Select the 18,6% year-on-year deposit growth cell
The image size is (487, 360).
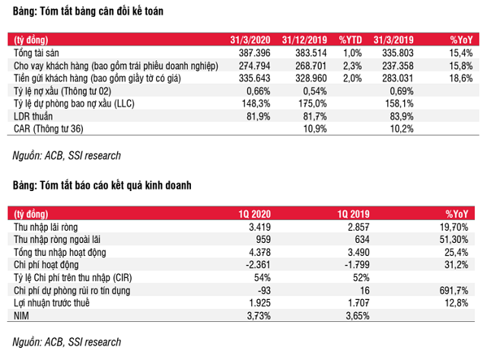tap(460, 78)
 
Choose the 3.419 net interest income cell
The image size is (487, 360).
tap(261, 227)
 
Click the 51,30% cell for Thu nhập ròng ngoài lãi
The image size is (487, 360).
tap(456, 240)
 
